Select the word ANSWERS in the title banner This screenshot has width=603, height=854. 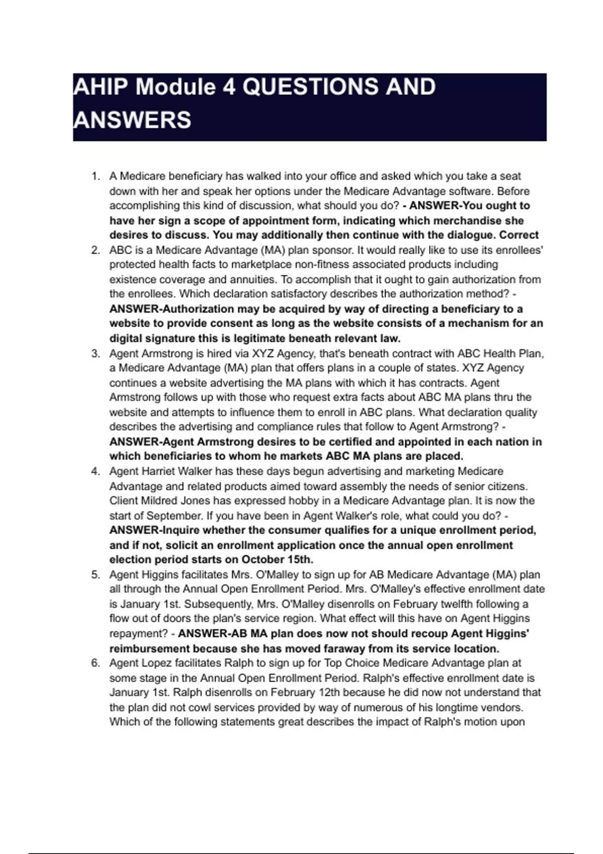[132, 120]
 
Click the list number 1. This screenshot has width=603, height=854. [95, 176]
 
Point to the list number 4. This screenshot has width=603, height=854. [95, 471]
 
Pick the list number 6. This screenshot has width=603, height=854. [95, 663]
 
